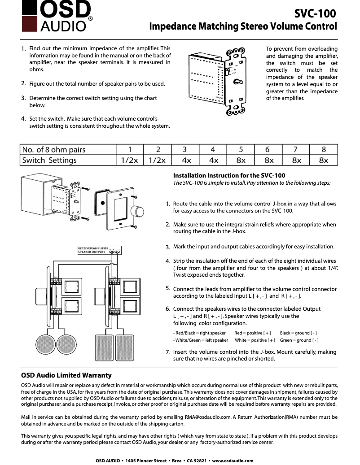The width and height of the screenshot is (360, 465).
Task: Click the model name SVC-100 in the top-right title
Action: tap(315, 13)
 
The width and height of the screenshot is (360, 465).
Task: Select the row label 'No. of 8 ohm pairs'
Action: tap(54, 150)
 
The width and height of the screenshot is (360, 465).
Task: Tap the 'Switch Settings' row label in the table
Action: tap(49, 160)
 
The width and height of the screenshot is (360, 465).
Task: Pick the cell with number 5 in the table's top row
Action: tap(241, 150)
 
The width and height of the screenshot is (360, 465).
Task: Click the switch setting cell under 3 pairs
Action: tap(186, 160)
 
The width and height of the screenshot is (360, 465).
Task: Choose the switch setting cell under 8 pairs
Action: tap(323, 160)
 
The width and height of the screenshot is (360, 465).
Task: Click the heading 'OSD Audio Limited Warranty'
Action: tap(66, 375)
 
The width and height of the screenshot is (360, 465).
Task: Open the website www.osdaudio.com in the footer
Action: tap(233, 461)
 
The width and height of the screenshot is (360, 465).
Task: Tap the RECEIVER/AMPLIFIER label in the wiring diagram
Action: tap(93, 248)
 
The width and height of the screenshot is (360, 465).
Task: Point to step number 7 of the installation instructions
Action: tap(167, 352)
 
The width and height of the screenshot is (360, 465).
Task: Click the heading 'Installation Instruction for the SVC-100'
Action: tap(229, 175)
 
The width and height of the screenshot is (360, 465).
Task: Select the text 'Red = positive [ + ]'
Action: tap(253, 333)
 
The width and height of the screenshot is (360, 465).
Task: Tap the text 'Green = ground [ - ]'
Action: tap(299, 340)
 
